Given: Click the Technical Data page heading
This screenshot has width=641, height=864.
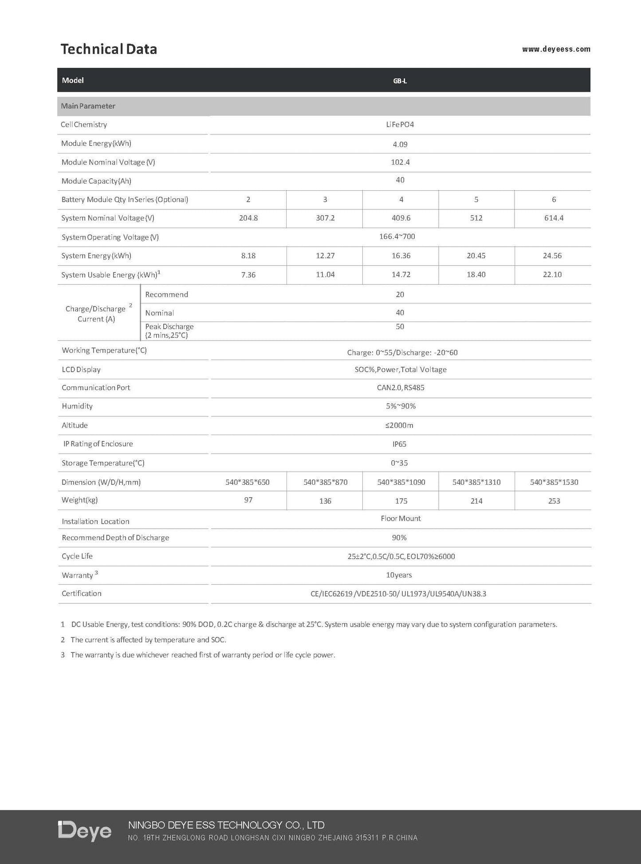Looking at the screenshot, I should tap(109, 49).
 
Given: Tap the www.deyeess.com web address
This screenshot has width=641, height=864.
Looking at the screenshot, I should tap(556, 49).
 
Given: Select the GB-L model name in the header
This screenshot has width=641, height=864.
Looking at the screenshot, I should tap(400, 81).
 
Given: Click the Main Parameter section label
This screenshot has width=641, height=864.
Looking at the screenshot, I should tap(88, 106).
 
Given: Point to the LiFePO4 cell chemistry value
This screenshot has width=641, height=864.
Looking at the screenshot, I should tap(400, 125).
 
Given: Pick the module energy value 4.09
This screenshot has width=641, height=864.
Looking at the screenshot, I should tap(400, 144).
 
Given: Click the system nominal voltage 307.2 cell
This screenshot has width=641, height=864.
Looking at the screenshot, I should tap(325, 218).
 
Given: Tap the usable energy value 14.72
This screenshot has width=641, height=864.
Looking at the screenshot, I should tap(401, 275).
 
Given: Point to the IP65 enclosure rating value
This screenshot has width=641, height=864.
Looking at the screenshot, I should tap(399, 444).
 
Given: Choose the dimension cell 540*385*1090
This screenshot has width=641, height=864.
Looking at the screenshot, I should tap(401, 482).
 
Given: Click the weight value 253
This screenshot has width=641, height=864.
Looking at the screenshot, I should tap(554, 501).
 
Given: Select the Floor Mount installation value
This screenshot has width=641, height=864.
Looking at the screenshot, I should tap(401, 518).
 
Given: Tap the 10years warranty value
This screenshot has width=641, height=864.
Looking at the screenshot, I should tap(399, 575).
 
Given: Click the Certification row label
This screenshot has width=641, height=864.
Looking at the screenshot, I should tap(82, 593).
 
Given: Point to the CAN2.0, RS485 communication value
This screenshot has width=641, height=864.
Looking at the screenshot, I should tap(400, 388).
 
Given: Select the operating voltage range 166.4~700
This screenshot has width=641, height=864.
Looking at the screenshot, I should tap(397, 236).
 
